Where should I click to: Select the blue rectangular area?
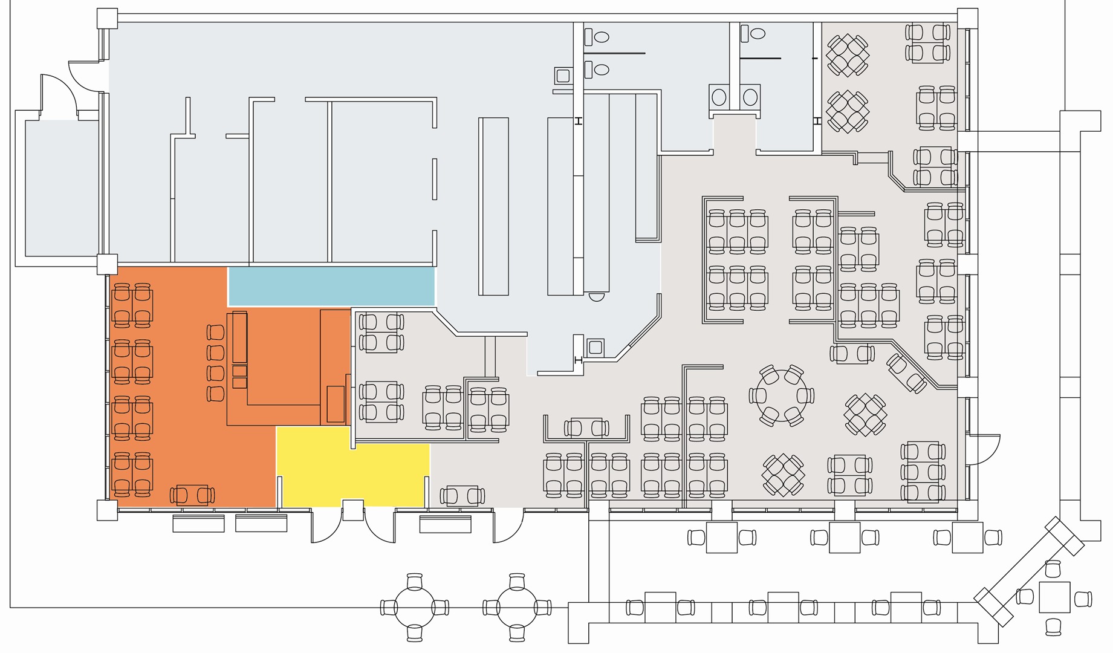coord(331,286)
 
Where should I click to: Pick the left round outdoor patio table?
coord(414,607)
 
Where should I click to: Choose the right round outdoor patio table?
coord(517,607)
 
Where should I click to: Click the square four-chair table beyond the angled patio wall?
coord(1055,597)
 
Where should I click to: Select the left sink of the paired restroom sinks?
coord(719,97)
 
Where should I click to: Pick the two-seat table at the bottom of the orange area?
coord(192,495)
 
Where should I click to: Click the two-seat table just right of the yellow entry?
coord(462,496)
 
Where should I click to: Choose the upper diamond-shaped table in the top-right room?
coord(848,55)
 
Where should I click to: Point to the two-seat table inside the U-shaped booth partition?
coord(586,428)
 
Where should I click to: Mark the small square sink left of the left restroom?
coord(563,76)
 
